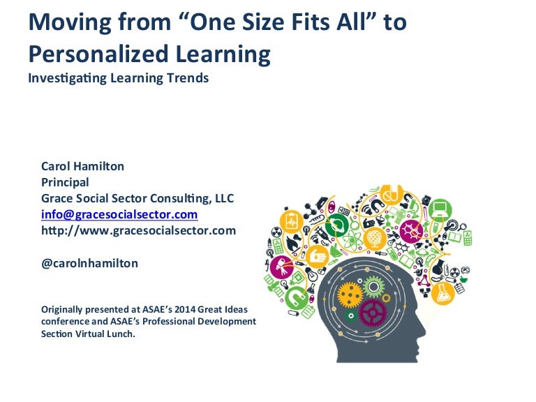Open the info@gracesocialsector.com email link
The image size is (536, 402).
119,214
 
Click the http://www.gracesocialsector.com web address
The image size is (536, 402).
138,230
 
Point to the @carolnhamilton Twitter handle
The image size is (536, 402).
89,263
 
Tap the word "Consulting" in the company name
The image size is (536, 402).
177,198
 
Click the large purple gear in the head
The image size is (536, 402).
372,311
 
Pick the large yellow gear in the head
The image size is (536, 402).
349,295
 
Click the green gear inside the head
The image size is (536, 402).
374,285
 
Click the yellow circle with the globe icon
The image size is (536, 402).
375,239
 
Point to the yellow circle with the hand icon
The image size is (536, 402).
318,258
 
